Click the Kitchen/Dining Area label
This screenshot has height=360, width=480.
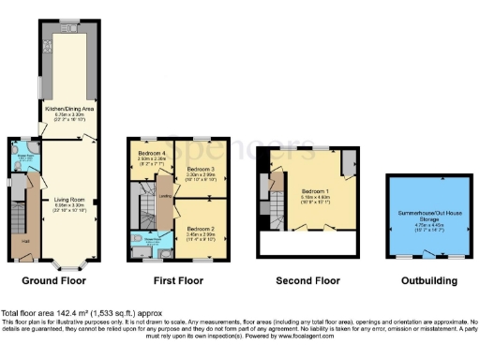69,109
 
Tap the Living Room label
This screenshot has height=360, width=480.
70,198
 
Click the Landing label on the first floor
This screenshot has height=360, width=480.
165,196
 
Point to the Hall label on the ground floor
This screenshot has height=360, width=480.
24,242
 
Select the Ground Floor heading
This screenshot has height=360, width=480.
53,280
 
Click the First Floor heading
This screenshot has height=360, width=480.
178,280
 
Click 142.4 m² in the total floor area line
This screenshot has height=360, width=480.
70,312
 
